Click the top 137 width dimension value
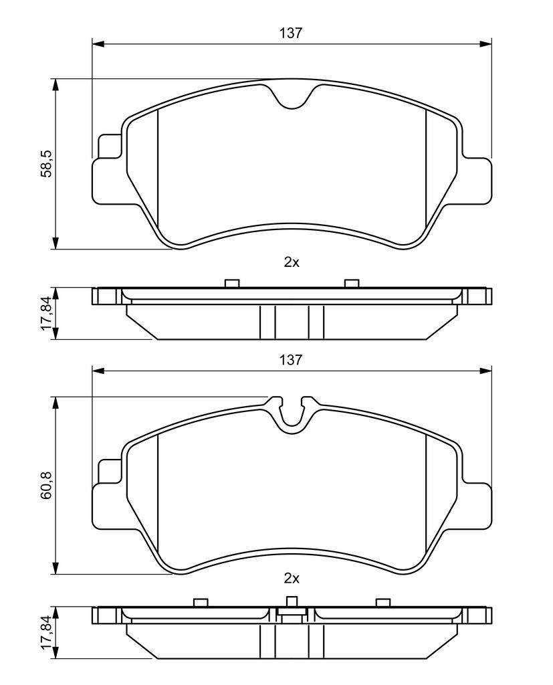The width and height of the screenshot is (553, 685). tap(292, 33)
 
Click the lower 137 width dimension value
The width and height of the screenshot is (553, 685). tap(292, 359)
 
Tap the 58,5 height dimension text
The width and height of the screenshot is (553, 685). tap(46, 163)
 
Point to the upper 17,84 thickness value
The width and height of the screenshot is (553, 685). tap(46, 314)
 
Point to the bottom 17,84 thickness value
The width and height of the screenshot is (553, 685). tap(46, 633)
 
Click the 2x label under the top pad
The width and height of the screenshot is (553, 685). tap(292, 262)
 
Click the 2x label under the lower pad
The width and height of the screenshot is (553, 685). tap(292, 579)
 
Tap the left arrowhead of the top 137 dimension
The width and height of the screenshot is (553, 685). tap(98, 43)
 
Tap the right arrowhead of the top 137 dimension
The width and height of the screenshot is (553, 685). tap(485, 43)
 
